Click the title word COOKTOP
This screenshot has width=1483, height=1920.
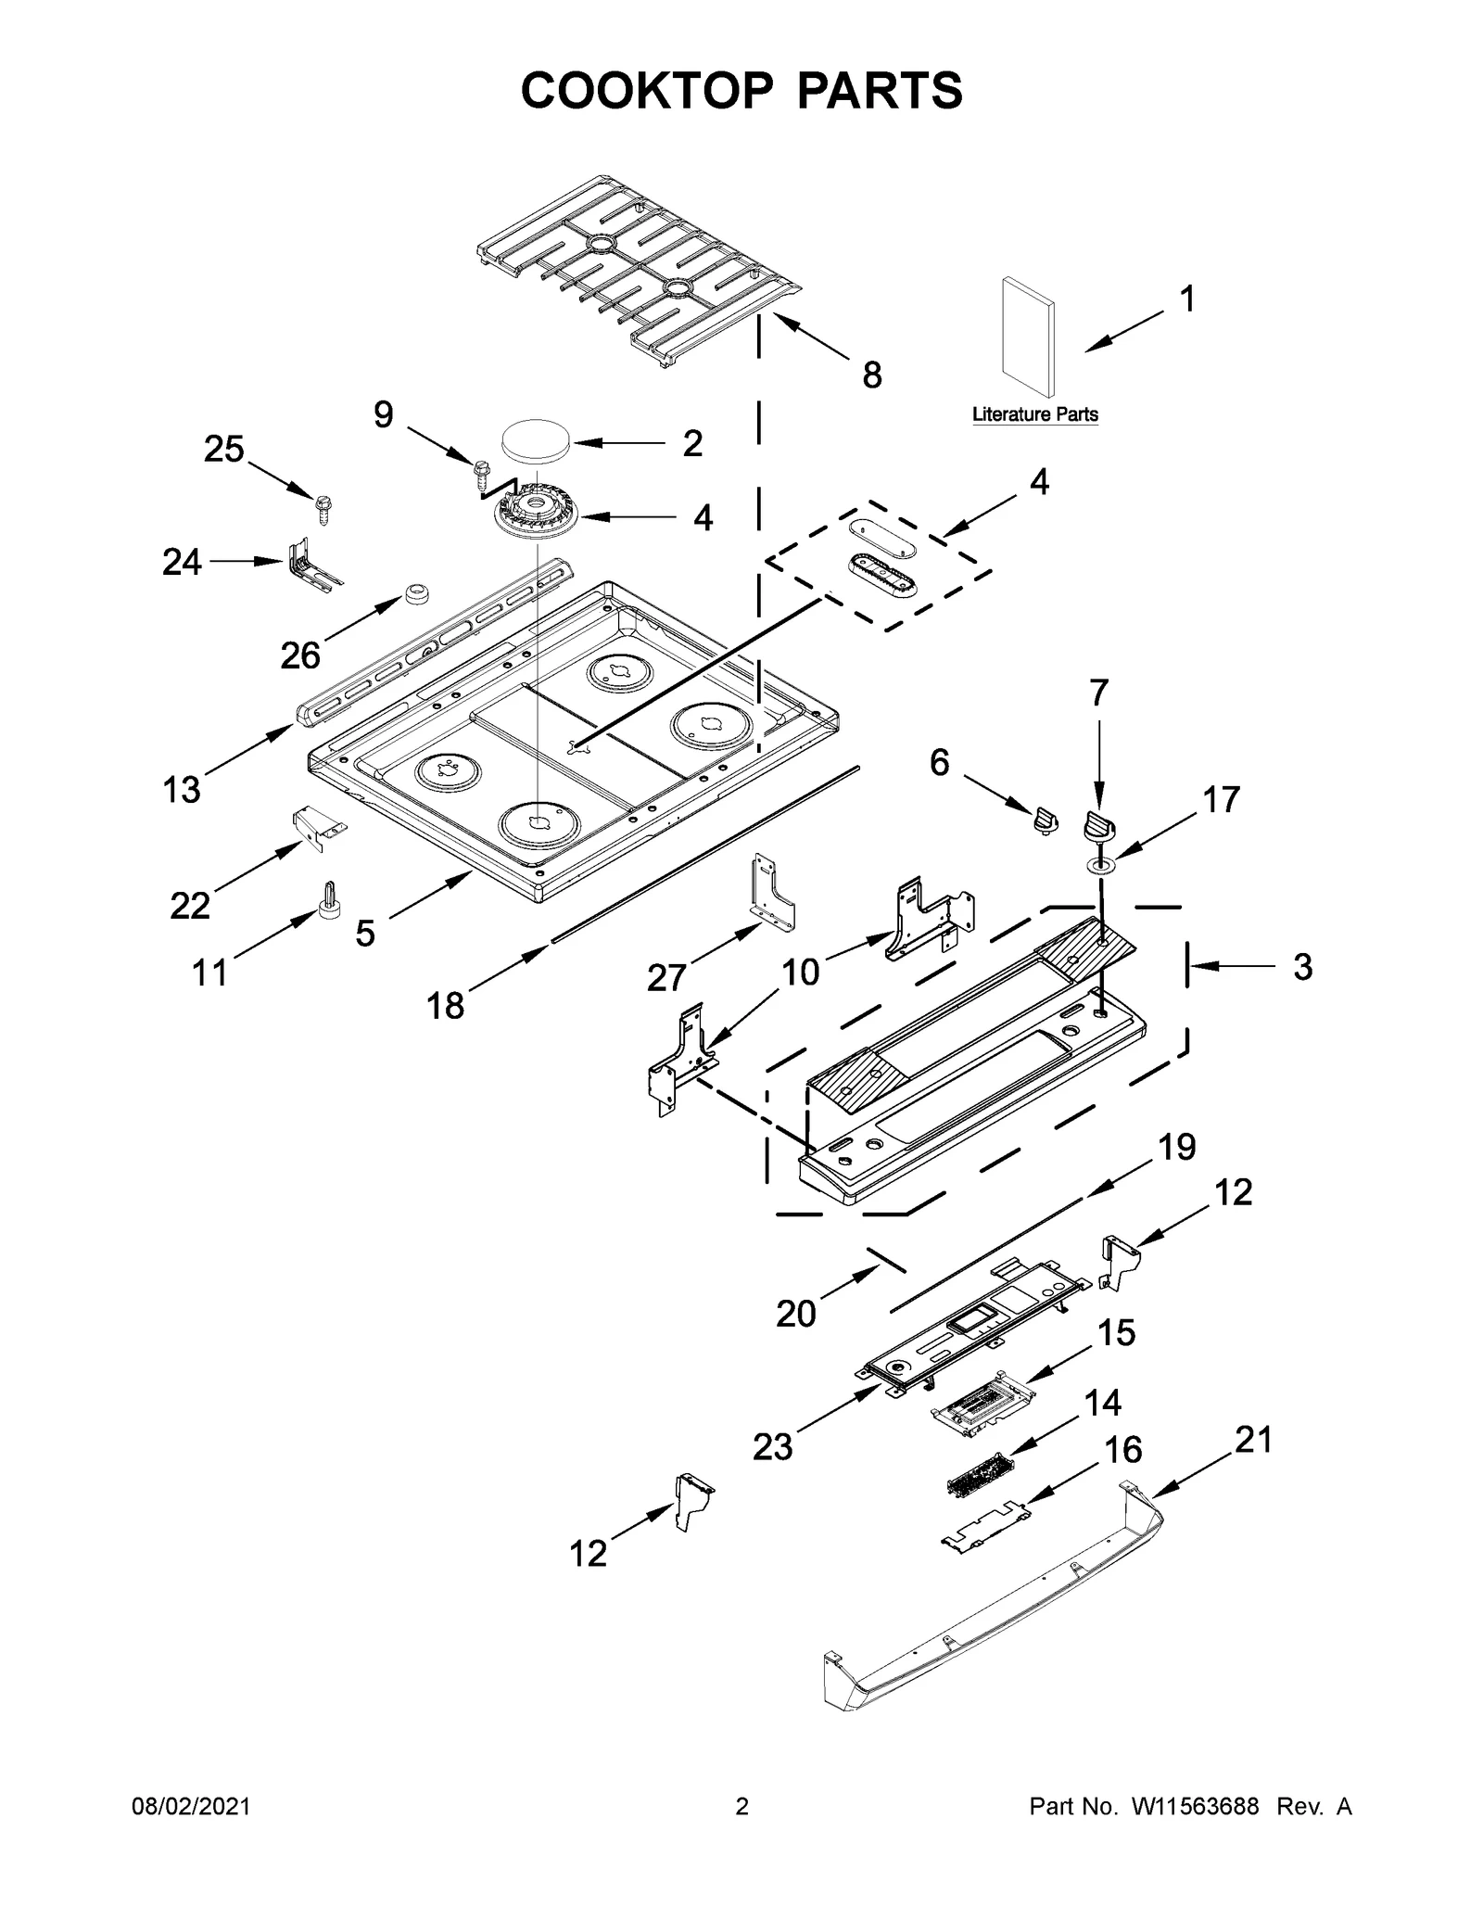pyautogui.click(x=646, y=91)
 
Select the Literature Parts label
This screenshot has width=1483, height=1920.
pyautogui.click(x=1034, y=414)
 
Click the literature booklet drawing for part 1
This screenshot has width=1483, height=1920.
pyautogui.click(x=1027, y=336)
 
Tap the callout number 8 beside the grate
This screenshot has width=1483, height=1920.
pyautogui.click(x=871, y=375)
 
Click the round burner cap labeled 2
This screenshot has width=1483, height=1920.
pyautogui.click(x=535, y=439)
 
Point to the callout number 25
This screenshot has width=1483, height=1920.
pyautogui.click(x=224, y=450)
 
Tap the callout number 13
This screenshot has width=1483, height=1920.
pyautogui.click(x=182, y=790)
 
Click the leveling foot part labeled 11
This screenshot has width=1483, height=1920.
pyautogui.click(x=329, y=899)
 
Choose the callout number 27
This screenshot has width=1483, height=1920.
pyautogui.click(x=666, y=977)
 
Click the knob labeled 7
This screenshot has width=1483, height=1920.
pyautogui.click(x=1099, y=824)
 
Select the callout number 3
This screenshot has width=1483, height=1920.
pyautogui.click(x=1302, y=967)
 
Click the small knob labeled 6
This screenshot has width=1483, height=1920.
pyautogui.click(x=1045, y=820)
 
